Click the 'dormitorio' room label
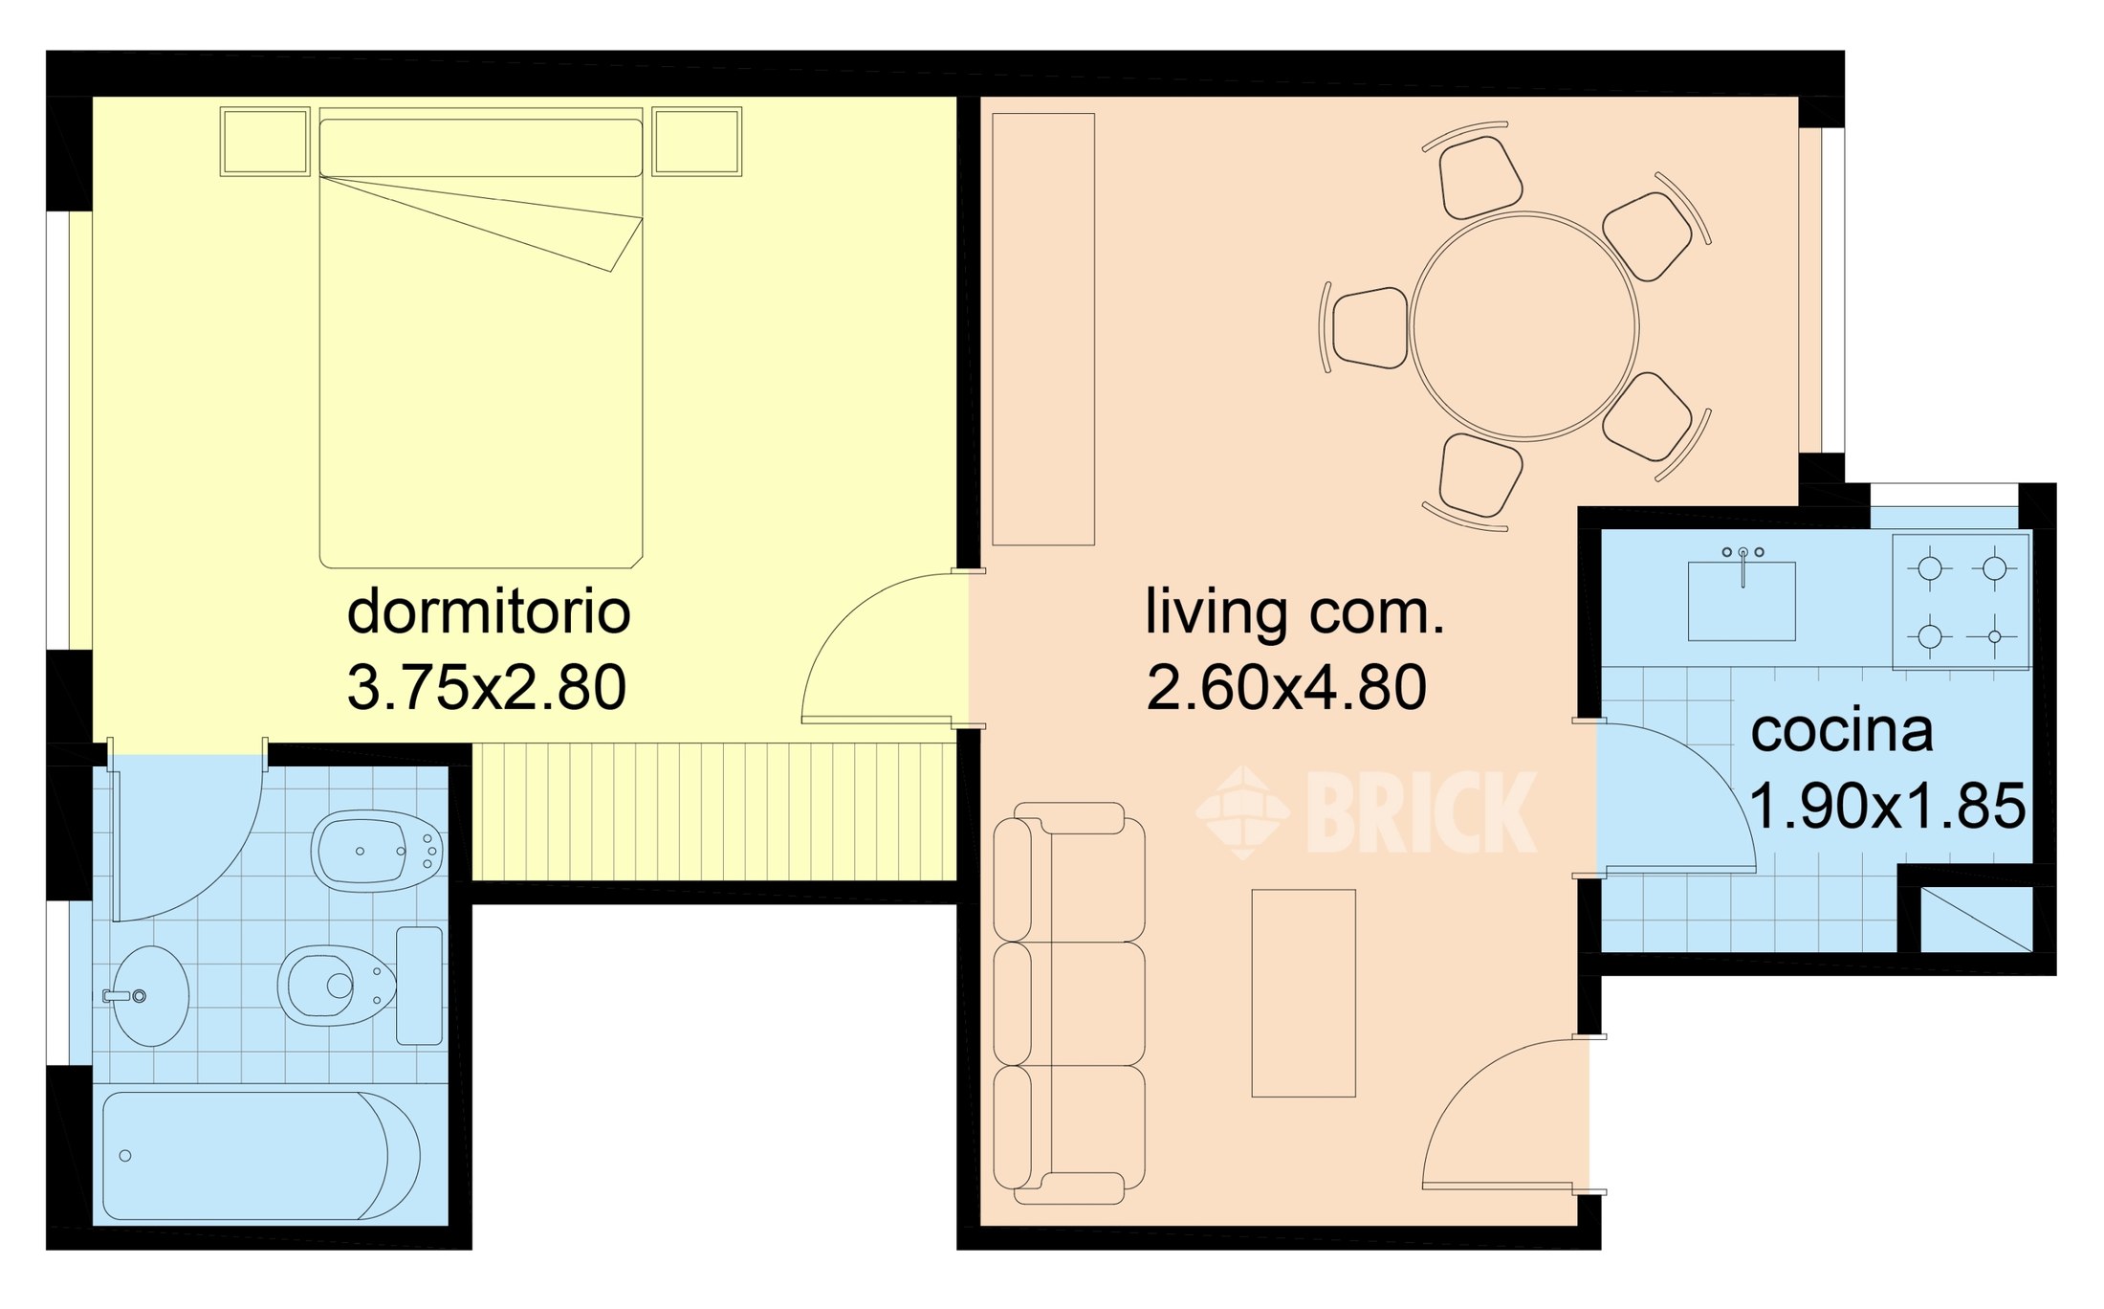(489, 612)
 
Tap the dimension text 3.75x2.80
(487, 687)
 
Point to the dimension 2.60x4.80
(1286, 687)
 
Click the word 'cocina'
(1842, 731)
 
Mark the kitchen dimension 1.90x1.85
(1887, 806)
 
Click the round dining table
(1524, 326)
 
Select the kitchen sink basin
(1742, 601)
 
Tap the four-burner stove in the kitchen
(1961, 601)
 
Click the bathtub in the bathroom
(261, 1156)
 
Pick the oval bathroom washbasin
(151, 996)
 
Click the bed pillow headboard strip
(480, 147)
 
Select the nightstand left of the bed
(265, 142)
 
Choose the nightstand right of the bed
(696, 142)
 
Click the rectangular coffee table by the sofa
(1304, 993)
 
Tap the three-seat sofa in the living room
(1069, 1003)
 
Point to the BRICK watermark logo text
(1421, 812)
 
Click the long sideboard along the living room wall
(1043, 329)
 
